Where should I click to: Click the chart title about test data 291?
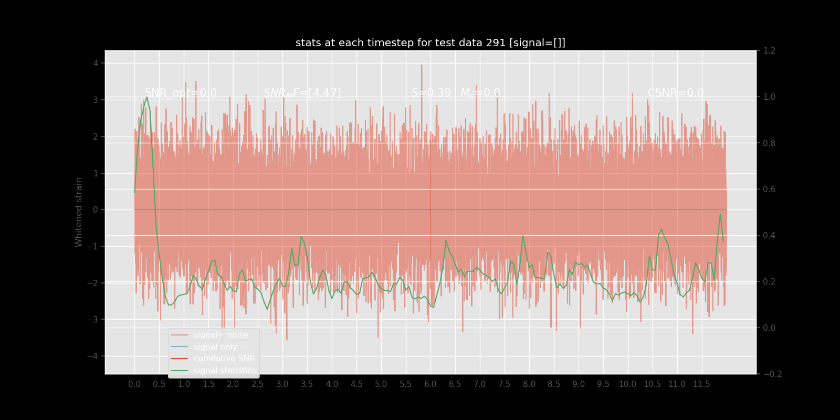click(430, 43)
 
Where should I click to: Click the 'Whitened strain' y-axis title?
click(79, 212)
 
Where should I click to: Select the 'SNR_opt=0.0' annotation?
click(181, 93)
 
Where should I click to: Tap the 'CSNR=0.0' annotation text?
click(675, 93)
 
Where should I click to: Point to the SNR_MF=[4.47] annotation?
click(302, 93)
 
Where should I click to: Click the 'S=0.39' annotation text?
click(430, 93)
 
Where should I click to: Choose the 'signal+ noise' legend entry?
click(220, 335)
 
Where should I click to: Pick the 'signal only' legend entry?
click(215, 347)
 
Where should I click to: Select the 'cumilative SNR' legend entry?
click(224, 359)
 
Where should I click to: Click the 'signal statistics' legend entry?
click(224, 371)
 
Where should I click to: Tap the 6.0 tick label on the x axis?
click(430, 384)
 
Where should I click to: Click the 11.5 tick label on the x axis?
click(701, 384)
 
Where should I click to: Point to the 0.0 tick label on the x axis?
click(134, 384)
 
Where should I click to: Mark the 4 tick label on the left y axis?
click(96, 63)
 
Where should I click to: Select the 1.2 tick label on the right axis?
click(769, 51)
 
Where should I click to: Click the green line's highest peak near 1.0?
click(146, 97)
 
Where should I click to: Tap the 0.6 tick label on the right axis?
click(769, 190)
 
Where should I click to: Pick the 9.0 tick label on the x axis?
click(578, 384)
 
